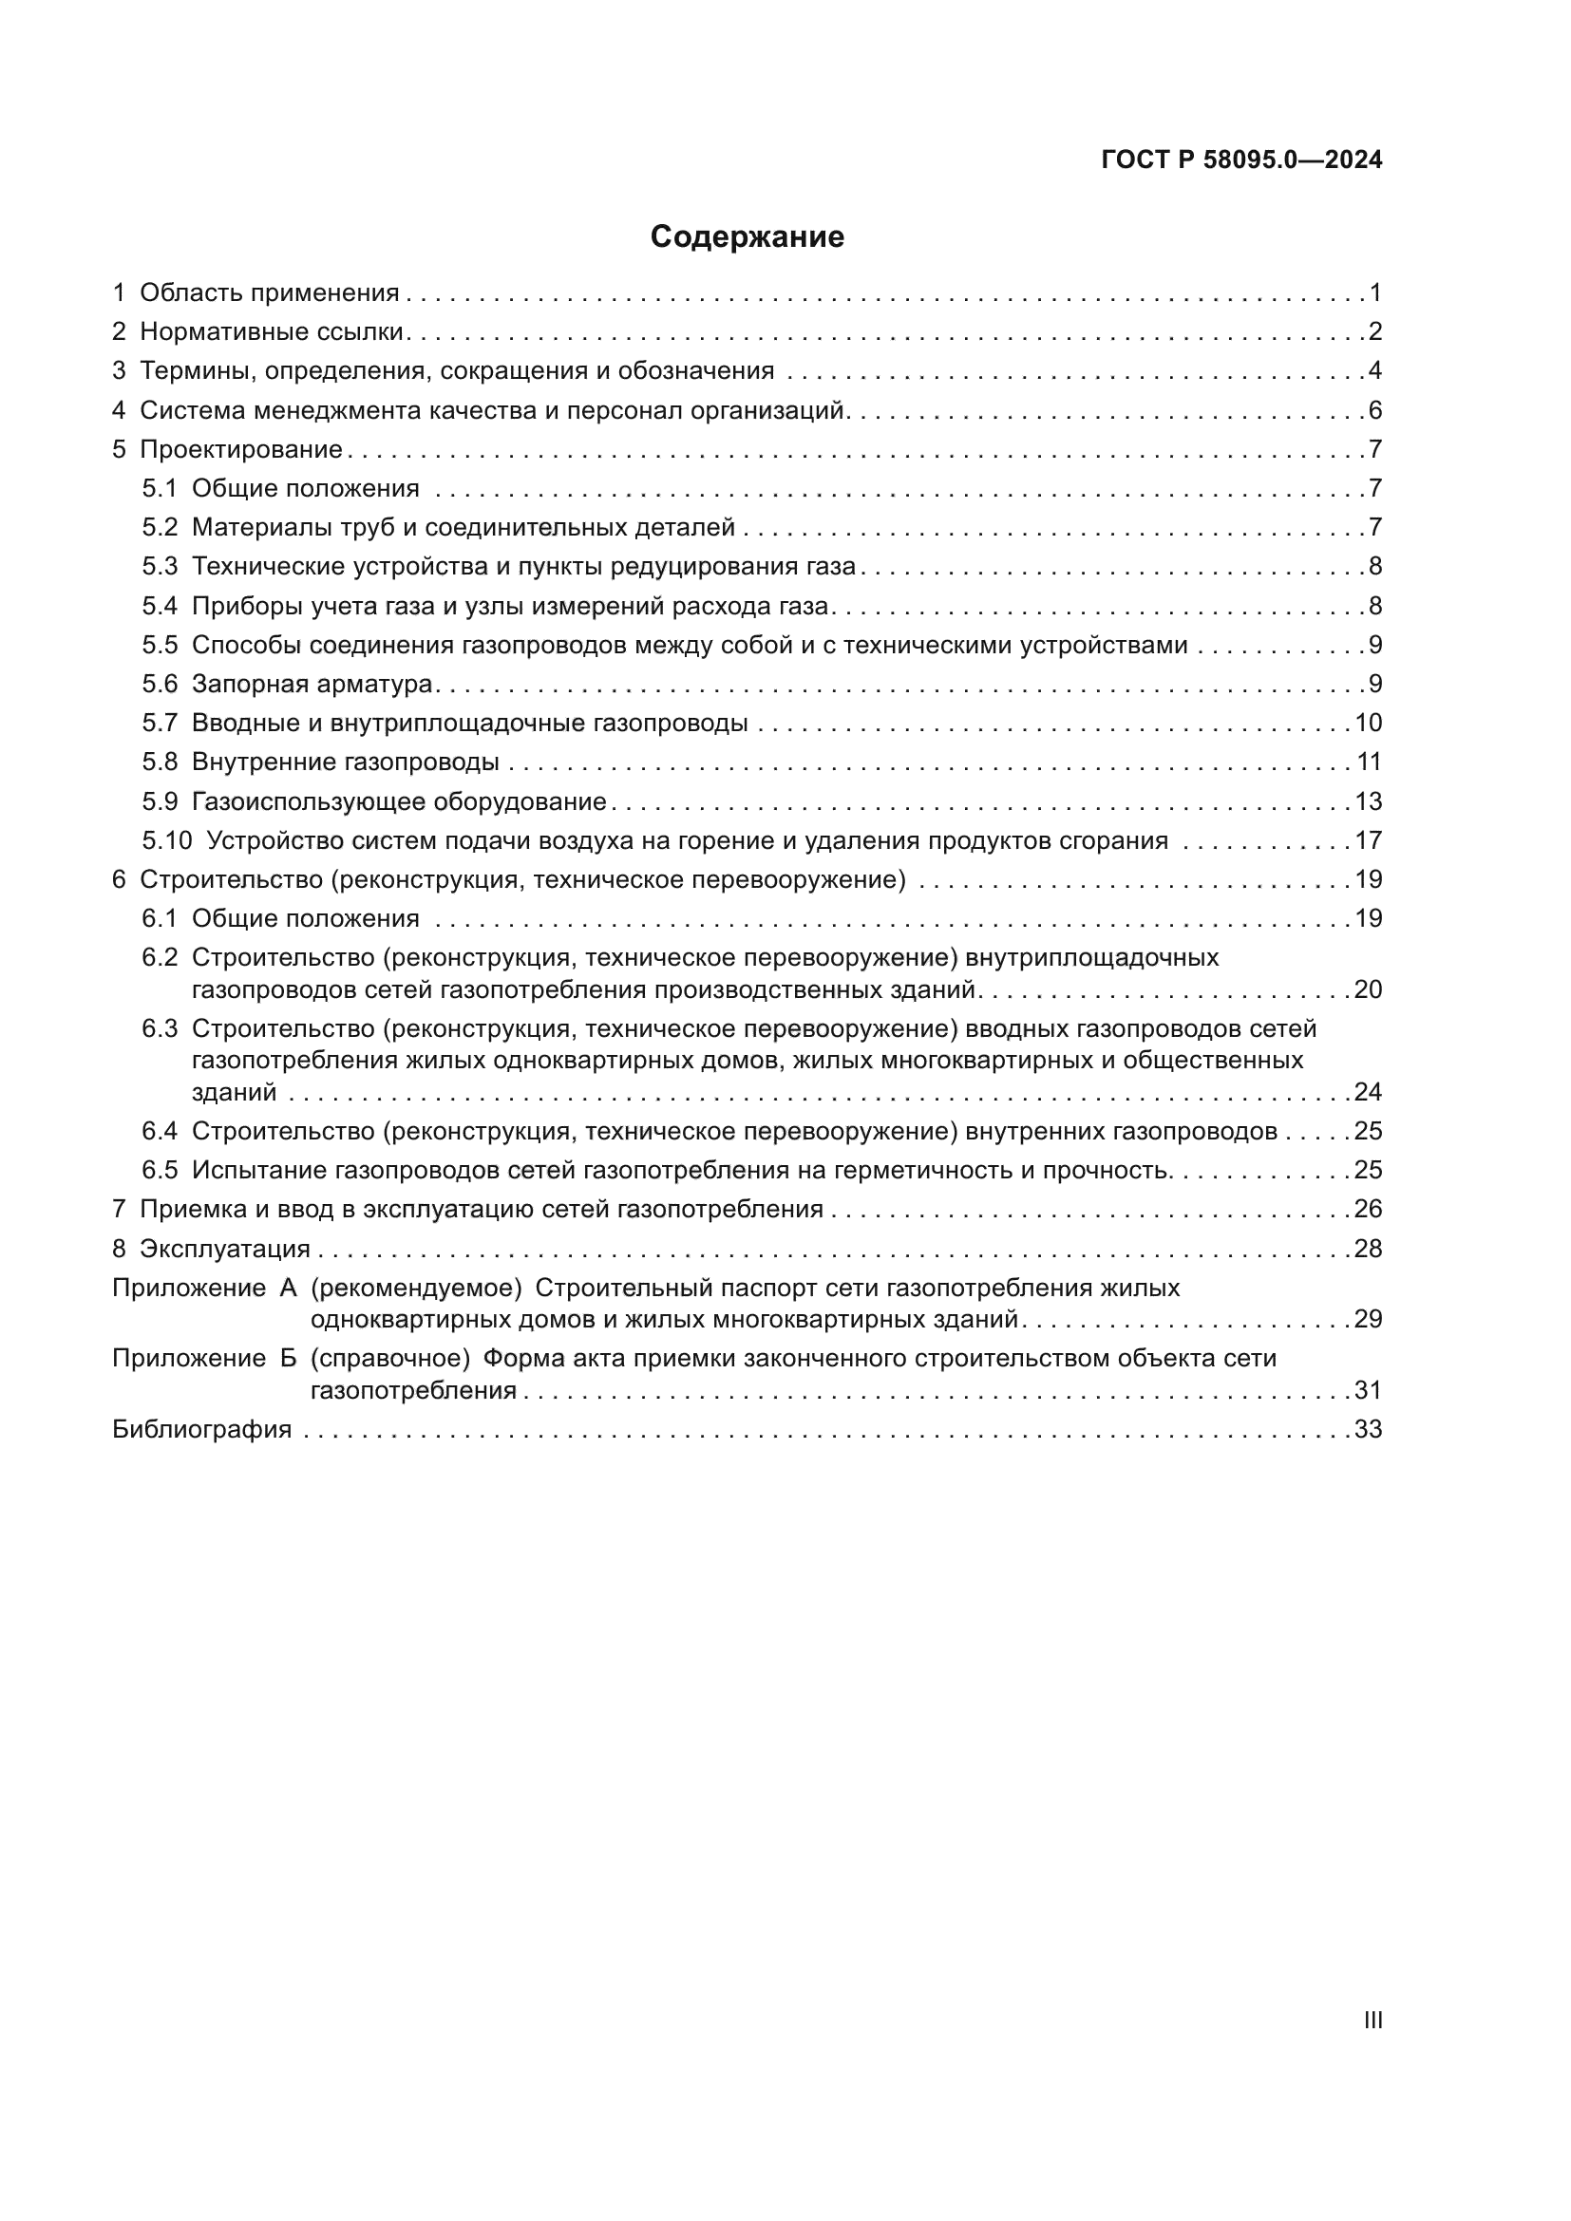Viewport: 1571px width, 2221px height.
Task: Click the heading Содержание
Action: [x=746, y=237]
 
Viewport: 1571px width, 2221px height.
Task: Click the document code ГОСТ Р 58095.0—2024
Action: [x=1241, y=160]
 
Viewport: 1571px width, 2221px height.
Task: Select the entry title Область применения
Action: [x=269, y=293]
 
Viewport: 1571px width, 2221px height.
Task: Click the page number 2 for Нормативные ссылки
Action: [x=1374, y=331]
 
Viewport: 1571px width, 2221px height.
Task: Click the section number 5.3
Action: [x=160, y=567]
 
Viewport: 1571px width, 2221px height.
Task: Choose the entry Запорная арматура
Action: [x=312, y=684]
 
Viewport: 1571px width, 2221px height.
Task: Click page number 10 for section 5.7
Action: [x=1368, y=723]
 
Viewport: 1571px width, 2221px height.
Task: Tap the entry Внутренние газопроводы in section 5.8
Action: [x=346, y=762]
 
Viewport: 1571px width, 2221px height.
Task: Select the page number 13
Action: [x=1368, y=801]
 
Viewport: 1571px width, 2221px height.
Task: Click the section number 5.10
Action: [x=166, y=840]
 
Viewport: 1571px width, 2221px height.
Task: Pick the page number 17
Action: [x=1368, y=840]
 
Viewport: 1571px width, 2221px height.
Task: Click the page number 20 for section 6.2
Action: [x=1368, y=988]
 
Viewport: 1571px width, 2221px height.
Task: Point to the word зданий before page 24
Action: [x=234, y=1092]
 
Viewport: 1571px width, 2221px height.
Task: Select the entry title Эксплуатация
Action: [x=224, y=1249]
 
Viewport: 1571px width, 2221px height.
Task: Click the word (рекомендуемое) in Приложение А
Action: [x=416, y=1289]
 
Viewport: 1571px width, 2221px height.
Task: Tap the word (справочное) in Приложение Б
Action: [x=389, y=1358]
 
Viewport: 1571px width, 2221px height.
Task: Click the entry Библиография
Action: [x=201, y=1430]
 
